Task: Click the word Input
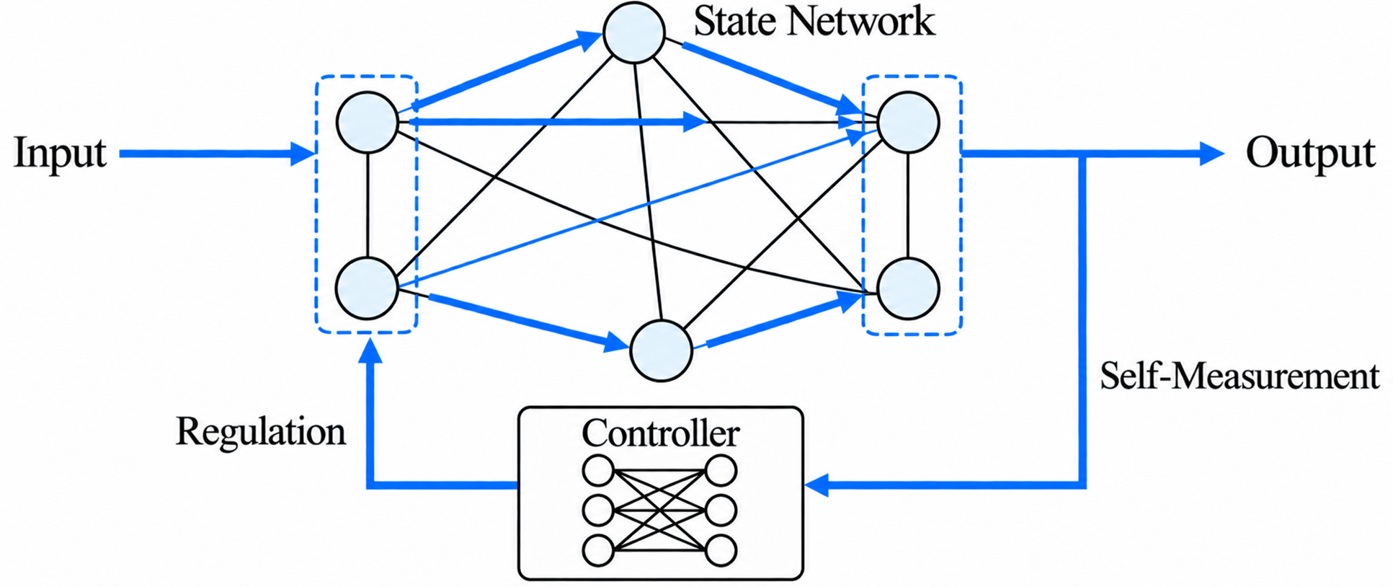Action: pyautogui.click(x=60, y=153)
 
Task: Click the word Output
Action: pyautogui.click(x=1310, y=153)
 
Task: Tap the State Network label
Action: pyautogui.click(x=814, y=21)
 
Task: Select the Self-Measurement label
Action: pyautogui.click(x=1240, y=376)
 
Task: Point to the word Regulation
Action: pyautogui.click(x=261, y=431)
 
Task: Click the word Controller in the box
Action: pyautogui.click(x=660, y=433)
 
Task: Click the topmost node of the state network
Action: pyautogui.click(x=634, y=33)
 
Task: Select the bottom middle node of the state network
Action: pyautogui.click(x=661, y=350)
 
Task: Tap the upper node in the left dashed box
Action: pyautogui.click(x=368, y=123)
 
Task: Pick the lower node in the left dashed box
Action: pyautogui.click(x=368, y=288)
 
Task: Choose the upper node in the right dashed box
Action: pyautogui.click(x=908, y=122)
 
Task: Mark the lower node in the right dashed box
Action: pyautogui.click(x=908, y=288)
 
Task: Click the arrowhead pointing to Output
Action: pyautogui.click(x=1211, y=153)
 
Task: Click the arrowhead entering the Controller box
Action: pyautogui.click(x=818, y=485)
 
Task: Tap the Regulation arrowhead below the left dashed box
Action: pyautogui.click(x=370, y=350)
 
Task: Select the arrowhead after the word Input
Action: pyautogui.click(x=303, y=153)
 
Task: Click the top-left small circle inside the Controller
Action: pyautogui.click(x=597, y=472)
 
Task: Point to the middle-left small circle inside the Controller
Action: pyautogui.click(x=597, y=511)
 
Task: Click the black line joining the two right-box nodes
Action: pyautogui.click(x=908, y=206)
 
